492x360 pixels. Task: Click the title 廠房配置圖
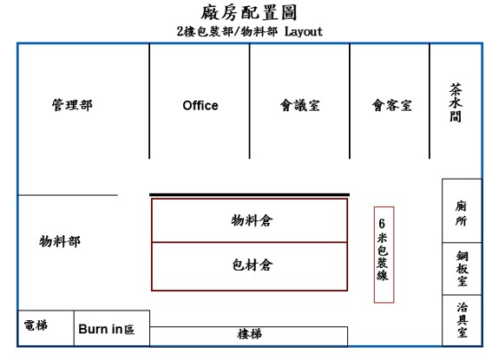click(x=249, y=12)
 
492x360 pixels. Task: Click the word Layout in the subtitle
click(x=304, y=32)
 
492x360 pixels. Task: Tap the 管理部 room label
click(x=73, y=105)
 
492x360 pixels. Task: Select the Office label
click(x=200, y=105)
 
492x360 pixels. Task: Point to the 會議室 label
click(x=300, y=105)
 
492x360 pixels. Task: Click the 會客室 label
click(x=392, y=105)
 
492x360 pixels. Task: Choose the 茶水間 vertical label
click(x=456, y=102)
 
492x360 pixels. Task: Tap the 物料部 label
click(x=60, y=241)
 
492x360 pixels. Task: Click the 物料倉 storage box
click(x=249, y=220)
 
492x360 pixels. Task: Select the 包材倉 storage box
click(x=249, y=266)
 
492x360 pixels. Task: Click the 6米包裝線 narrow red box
click(x=384, y=255)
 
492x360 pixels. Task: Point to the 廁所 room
click(x=462, y=211)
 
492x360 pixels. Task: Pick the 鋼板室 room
click(x=462, y=269)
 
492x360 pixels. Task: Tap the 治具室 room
click(x=462, y=320)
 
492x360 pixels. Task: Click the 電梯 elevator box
click(x=46, y=328)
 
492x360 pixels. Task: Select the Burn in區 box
click(x=112, y=328)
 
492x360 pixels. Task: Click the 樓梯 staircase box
click(x=249, y=337)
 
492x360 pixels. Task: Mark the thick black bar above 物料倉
click(x=249, y=194)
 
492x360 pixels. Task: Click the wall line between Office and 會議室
click(x=249, y=101)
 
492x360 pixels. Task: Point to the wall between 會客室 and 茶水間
click(x=430, y=101)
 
